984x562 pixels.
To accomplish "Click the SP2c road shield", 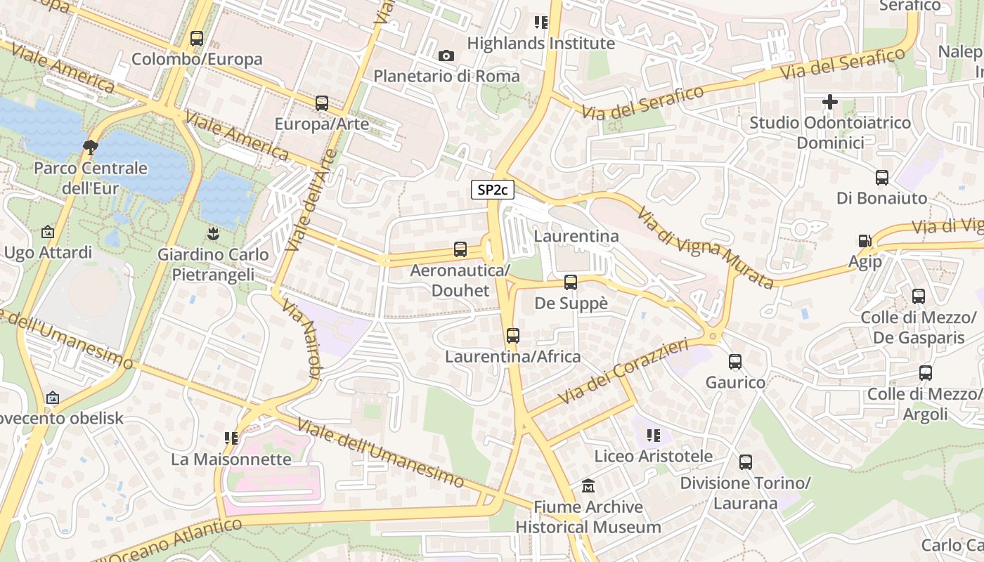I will (493, 190).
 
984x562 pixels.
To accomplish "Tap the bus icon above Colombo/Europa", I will (197, 39).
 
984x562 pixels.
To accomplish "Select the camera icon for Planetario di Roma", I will (446, 56).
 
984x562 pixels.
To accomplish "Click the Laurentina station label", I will (576, 236).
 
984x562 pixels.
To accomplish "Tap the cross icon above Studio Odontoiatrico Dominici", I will (829, 102).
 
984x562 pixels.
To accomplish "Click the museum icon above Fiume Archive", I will (588, 486).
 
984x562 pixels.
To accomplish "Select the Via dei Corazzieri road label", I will (623, 372).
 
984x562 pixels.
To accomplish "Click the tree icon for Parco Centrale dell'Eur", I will (90, 148).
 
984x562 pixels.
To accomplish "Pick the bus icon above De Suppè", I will (571, 282).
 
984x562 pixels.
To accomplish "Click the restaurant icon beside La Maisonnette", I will (231, 438).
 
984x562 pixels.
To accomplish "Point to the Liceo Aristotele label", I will (654, 457).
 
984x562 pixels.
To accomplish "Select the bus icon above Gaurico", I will (735, 362).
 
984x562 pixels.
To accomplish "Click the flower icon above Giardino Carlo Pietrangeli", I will (212, 233).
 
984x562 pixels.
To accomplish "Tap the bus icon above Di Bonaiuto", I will (882, 178).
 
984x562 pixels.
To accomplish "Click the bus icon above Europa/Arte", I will (322, 103).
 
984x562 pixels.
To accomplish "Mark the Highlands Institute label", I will (540, 44).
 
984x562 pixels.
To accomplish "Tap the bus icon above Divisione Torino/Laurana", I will (746, 462).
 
